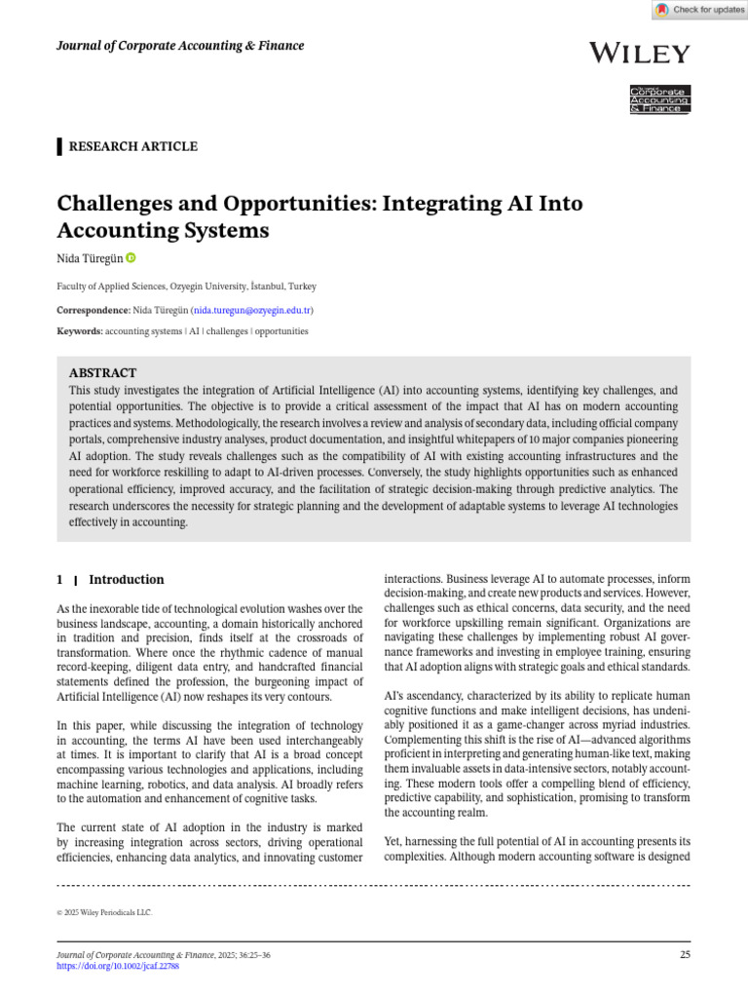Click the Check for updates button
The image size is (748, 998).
[699, 10]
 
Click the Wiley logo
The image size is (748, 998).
[639, 54]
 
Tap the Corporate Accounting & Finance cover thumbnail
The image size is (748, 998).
[659, 99]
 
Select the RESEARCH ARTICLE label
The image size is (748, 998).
[131, 147]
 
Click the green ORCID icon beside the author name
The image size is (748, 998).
[131, 258]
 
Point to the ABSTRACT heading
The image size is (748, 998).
[102, 373]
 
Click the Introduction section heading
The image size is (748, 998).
[127, 580]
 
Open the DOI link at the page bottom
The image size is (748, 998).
[118, 966]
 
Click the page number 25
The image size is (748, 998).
[685, 955]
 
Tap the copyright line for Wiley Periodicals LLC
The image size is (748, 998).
[105, 913]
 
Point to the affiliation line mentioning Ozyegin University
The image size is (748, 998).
[186, 287]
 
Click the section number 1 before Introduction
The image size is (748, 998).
[61, 580]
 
